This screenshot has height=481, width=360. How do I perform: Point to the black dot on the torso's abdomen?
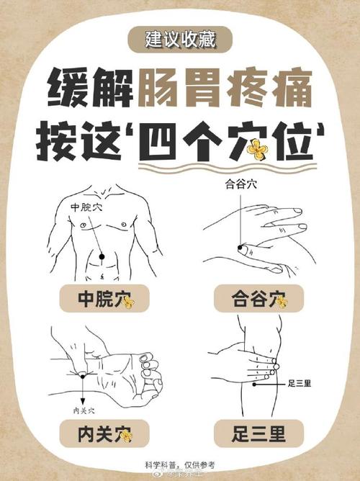[x=102, y=256]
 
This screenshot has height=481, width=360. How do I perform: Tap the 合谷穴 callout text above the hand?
[x=238, y=184]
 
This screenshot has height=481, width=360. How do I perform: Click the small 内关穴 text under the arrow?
[x=86, y=411]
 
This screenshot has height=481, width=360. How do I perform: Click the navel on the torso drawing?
[x=102, y=273]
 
